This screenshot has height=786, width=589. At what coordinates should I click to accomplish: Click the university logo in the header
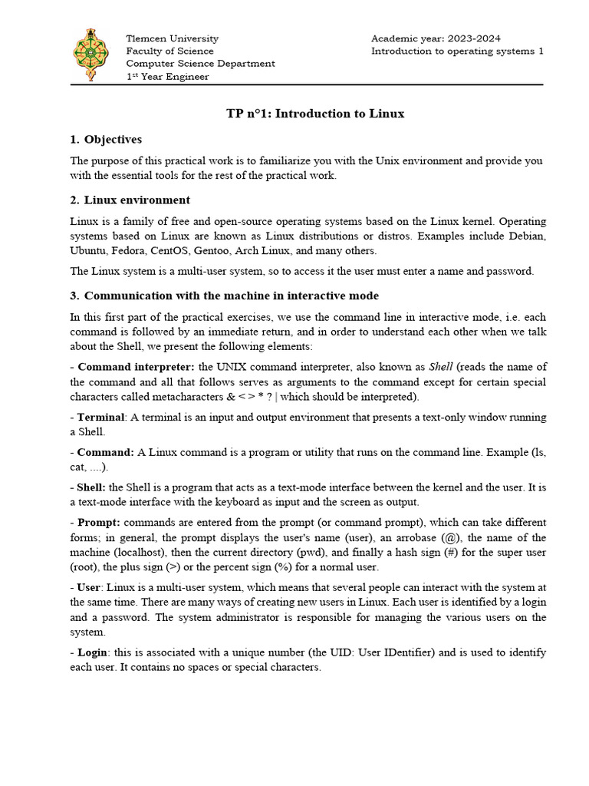pos(90,56)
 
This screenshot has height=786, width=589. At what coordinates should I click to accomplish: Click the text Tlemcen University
pos(172,38)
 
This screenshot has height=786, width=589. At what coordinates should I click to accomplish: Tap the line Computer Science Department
pos(200,64)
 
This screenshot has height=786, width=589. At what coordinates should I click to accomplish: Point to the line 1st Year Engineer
pos(167,76)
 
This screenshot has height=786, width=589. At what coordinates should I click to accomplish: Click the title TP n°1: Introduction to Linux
pos(314,114)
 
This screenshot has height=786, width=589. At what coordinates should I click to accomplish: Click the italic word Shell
pos(441,367)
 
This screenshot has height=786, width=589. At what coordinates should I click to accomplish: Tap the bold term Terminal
pos(101,417)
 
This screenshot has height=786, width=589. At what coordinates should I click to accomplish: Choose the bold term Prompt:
pos(104,522)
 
